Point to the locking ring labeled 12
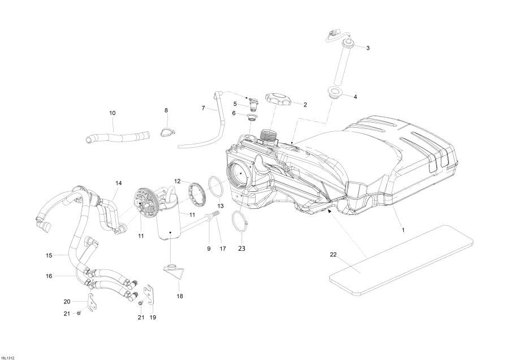198,195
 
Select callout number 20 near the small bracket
67,301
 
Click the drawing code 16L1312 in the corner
9,357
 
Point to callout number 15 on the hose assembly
49,255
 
